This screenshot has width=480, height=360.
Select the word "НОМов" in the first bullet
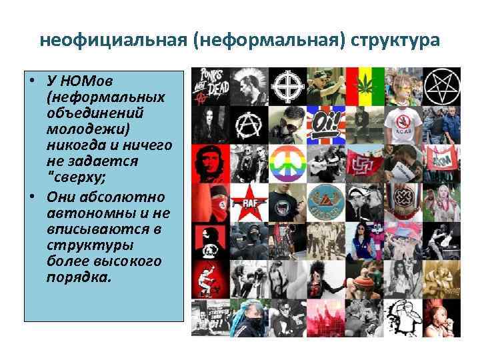coord(85,81)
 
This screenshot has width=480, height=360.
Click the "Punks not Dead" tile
coord(210,85)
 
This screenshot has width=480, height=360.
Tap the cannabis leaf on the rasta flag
coord(365,85)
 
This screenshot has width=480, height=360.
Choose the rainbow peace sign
coord(288,163)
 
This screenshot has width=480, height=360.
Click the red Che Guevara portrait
coord(210,163)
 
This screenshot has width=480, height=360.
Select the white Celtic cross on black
coord(288,85)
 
